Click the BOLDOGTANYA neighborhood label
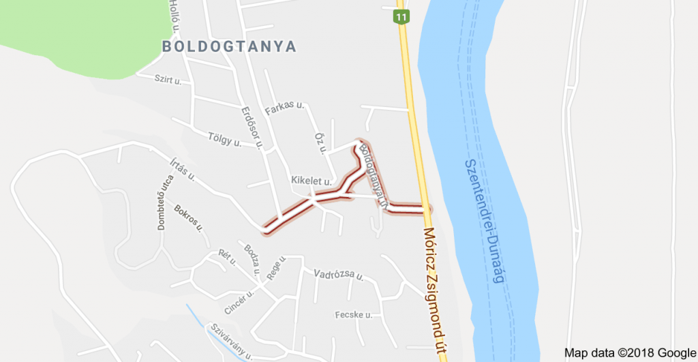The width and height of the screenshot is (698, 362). (229, 46)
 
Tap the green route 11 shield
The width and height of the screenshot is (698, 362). (401, 16)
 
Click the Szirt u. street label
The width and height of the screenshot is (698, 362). (168, 80)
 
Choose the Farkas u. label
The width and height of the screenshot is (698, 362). (284, 107)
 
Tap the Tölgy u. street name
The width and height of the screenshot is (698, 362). (225, 140)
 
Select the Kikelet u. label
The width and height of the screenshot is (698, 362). (311, 181)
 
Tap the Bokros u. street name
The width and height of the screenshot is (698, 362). (189, 217)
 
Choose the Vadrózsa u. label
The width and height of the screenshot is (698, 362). (338, 275)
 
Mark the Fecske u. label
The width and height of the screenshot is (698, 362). (353, 315)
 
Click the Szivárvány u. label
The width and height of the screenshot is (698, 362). (231, 342)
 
